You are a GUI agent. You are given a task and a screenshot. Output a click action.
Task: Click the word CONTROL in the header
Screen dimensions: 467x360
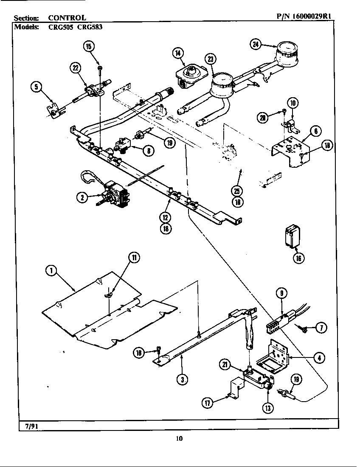pos(67,18)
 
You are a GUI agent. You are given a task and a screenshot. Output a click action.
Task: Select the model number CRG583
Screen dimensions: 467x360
pos(90,26)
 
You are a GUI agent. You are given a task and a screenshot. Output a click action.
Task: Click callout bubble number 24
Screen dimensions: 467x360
pos(256,44)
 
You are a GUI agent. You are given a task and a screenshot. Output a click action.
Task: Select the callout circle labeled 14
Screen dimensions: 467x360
pos(178,53)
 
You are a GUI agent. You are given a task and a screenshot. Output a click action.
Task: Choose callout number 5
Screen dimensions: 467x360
pos(37,87)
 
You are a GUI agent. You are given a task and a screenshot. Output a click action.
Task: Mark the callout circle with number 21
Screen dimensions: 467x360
pos(225,364)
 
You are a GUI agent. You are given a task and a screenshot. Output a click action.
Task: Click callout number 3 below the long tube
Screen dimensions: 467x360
pos(182,380)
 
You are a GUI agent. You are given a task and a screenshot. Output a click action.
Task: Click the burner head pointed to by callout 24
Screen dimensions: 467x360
pos(285,54)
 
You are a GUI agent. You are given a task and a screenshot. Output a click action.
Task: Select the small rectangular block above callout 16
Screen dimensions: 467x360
pos(292,235)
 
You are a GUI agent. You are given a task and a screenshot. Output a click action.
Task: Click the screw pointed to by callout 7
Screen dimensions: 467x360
pos(305,328)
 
